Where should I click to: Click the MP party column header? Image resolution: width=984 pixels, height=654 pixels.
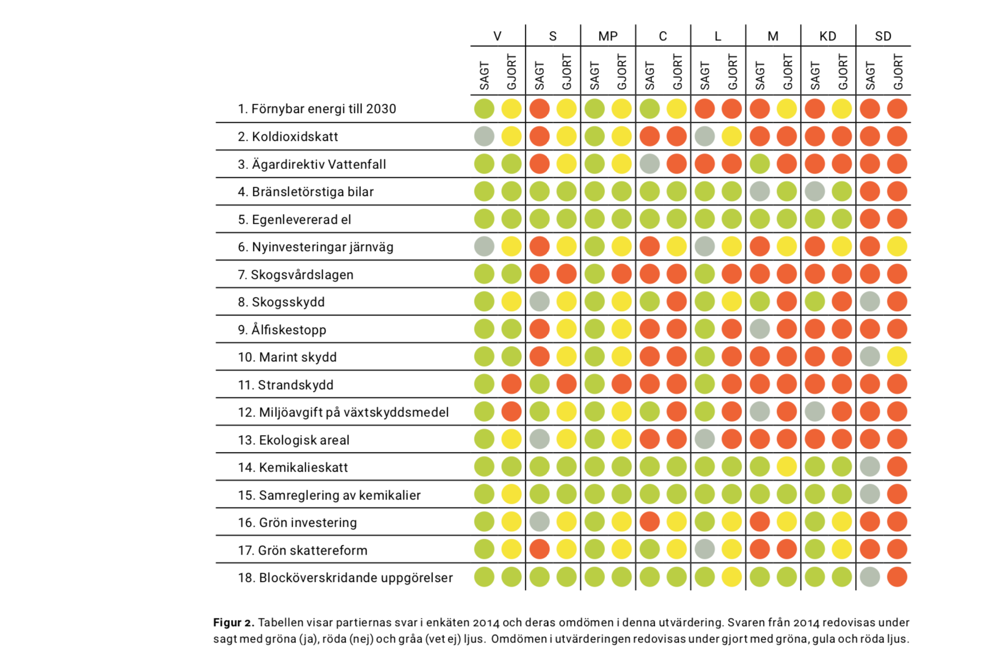pyautogui.click(x=608, y=36)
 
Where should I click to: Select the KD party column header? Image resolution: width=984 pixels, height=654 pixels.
pyautogui.click(x=828, y=36)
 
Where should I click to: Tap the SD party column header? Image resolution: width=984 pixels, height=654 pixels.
pyautogui.click(x=883, y=36)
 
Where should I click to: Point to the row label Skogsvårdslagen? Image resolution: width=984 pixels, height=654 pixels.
pyautogui.click(x=295, y=275)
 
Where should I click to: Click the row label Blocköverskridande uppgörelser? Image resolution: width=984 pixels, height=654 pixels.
pyautogui.click(x=345, y=578)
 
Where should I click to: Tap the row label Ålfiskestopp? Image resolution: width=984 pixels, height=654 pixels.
pyautogui.click(x=282, y=330)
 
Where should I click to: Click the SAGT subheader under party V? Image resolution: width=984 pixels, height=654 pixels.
pyautogui.click(x=484, y=75)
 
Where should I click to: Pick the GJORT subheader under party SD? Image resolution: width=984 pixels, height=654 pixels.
pyautogui.click(x=898, y=72)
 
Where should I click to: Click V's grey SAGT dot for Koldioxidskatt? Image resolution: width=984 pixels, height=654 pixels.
pyautogui.click(x=484, y=136)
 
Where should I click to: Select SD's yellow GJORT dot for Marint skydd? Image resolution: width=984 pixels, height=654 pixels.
pyautogui.click(x=897, y=357)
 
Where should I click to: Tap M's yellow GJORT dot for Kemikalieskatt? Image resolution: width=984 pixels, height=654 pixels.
pyautogui.click(x=787, y=467)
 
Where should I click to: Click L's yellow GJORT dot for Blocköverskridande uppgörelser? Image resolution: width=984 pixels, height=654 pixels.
pyautogui.click(x=732, y=577)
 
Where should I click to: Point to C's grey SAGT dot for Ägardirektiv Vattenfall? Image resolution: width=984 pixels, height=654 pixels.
pyautogui.click(x=649, y=164)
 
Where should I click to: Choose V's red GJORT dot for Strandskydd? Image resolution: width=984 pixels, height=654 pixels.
pyautogui.click(x=512, y=384)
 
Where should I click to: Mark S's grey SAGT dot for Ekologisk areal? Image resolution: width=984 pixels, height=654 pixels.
pyautogui.click(x=540, y=439)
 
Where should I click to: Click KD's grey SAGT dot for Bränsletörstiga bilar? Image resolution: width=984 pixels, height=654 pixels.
pyautogui.click(x=815, y=192)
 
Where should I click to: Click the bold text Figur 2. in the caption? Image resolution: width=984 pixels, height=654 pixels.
pyautogui.click(x=234, y=622)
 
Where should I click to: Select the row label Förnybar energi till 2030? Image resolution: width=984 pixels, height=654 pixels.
pyautogui.click(x=317, y=109)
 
